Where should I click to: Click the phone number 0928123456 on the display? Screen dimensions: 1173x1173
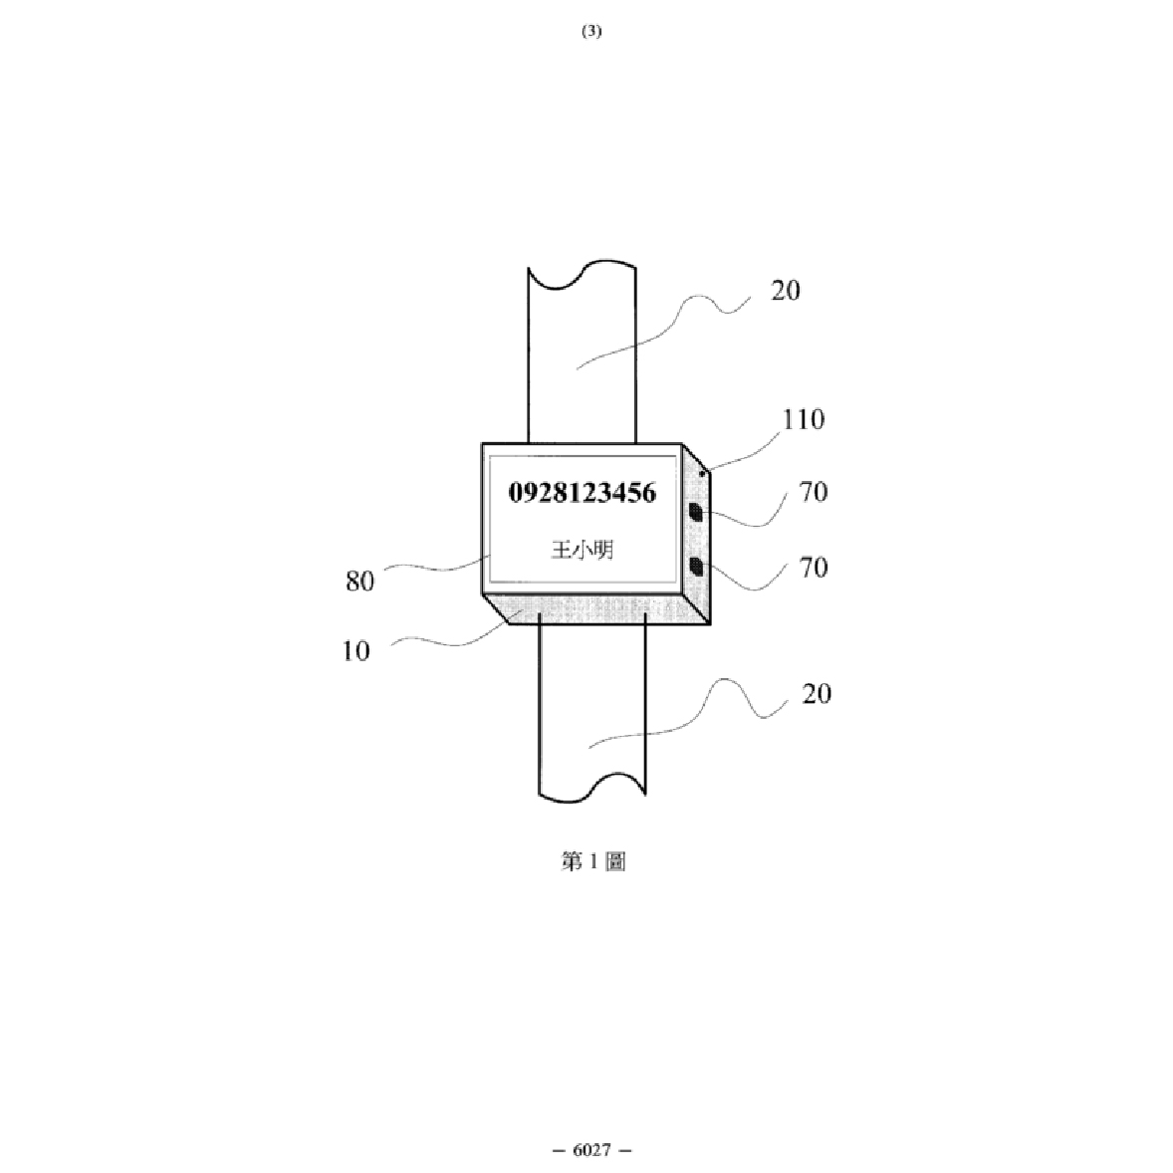point(582,493)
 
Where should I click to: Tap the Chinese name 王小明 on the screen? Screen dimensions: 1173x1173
point(583,550)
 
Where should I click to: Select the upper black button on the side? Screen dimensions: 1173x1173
point(696,513)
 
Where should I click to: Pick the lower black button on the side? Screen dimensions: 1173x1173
point(696,567)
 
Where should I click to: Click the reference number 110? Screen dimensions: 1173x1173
point(804,419)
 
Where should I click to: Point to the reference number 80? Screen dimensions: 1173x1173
point(359,581)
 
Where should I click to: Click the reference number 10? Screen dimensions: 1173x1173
point(356,651)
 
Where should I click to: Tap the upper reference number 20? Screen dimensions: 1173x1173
point(786,290)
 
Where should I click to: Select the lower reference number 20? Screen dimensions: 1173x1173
point(817,694)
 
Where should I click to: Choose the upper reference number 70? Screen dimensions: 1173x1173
point(814,492)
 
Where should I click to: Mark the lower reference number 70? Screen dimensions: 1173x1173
point(814,568)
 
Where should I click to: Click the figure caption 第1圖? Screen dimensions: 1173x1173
point(593,861)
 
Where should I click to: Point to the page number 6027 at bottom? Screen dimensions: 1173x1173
point(591,1150)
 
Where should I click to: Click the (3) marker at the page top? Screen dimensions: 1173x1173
point(591,31)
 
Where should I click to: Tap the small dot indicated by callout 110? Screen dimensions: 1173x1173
point(702,474)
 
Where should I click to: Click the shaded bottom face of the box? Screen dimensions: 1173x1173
point(596,609)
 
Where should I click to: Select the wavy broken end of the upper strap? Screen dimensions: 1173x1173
point(582,274)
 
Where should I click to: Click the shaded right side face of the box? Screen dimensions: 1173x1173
point(696,535)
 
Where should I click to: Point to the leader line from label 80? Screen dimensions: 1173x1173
point(437,567)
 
